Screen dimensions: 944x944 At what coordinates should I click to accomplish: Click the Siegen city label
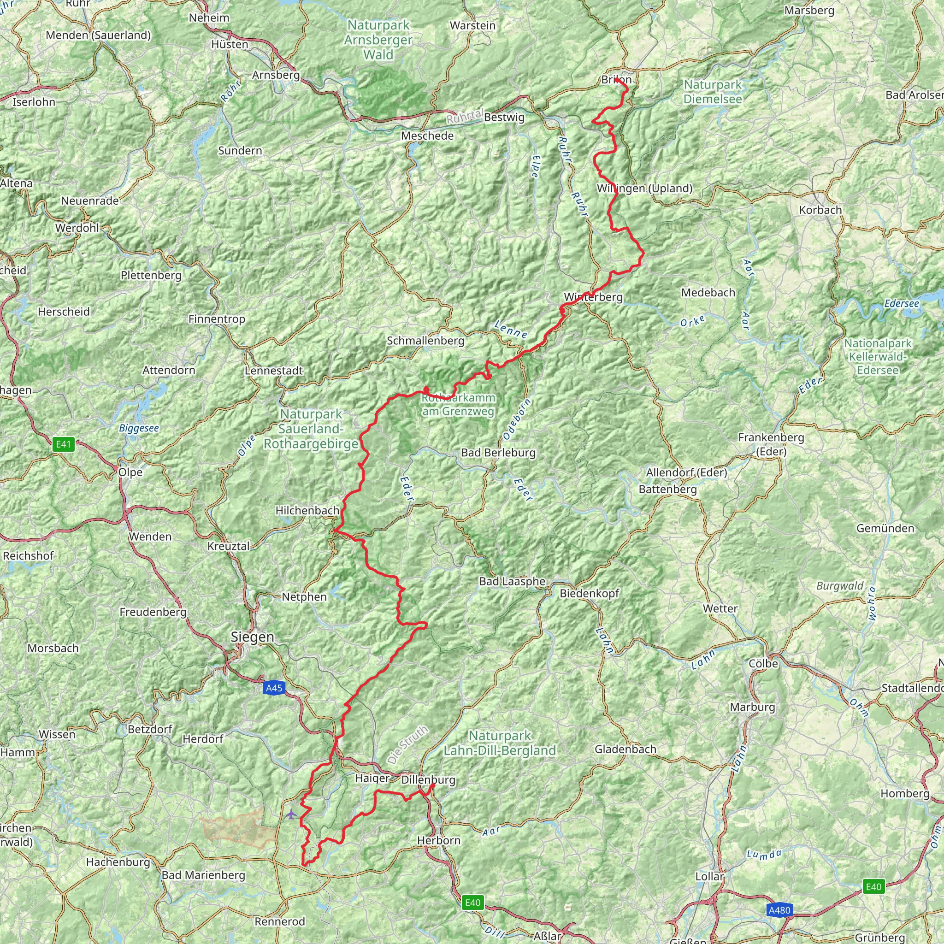point(252,637)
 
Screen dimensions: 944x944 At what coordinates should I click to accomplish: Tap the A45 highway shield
point(274,688)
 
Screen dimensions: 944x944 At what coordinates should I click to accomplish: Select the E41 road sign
point(64,444)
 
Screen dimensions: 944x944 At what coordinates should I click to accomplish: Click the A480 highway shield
point(779,910)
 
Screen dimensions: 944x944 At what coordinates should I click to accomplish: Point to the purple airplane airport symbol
point(291,814)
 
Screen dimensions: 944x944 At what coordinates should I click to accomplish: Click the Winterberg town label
point(593,297)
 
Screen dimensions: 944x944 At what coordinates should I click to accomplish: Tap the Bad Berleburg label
point(498,453)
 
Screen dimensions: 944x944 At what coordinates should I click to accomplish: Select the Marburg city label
point(752,707)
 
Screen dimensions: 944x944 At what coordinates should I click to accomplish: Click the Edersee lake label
point(902,303)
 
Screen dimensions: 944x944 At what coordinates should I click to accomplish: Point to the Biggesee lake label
point(139,428)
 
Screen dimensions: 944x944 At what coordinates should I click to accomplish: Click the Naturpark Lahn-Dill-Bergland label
point(499,743)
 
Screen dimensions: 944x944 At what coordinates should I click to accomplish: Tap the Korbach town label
point(820,210)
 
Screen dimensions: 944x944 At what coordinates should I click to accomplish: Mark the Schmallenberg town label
point(425,341)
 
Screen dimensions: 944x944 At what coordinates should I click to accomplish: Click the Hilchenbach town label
point(307,511)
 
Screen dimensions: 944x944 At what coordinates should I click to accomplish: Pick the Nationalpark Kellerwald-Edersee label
point(878,357)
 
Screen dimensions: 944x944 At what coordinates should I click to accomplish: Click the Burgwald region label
point(840,586)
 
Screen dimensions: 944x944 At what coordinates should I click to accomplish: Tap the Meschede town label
point(427,136)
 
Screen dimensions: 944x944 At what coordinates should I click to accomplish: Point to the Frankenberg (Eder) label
point(771,444)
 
